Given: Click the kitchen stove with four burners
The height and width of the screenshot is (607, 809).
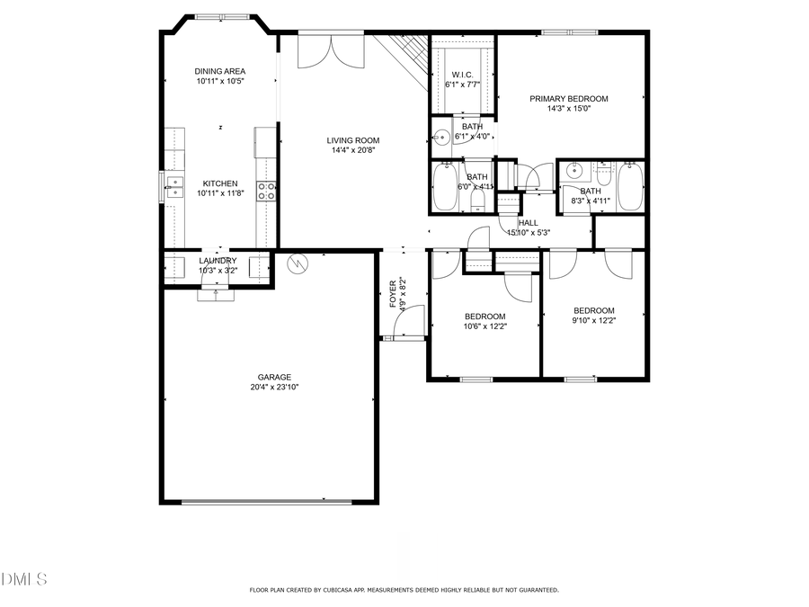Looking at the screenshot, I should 266,190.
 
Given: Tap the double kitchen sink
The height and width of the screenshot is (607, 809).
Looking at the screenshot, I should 173,186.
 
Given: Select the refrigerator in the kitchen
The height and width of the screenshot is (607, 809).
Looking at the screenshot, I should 264,141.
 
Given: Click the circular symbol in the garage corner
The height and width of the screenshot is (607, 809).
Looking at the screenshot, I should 297,263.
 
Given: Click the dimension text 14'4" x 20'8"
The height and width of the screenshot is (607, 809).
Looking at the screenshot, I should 352,151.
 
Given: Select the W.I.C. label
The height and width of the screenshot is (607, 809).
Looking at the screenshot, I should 463,75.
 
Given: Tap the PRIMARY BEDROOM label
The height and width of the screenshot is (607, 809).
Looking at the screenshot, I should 568,99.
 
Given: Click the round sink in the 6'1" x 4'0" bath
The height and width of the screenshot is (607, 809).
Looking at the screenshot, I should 440,138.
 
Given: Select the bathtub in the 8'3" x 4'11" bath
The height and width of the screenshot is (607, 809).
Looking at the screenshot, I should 631,185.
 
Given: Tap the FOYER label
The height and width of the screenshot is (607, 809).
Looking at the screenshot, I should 393,294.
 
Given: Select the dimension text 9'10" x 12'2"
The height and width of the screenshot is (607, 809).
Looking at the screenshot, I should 594,321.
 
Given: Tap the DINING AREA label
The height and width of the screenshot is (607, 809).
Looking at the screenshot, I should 220,71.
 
